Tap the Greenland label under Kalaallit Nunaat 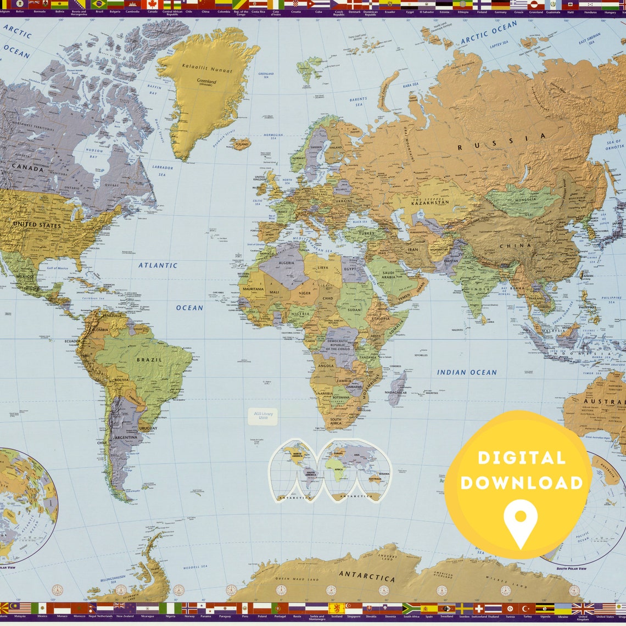206,81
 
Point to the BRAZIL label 149,360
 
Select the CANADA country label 27,168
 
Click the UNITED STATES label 37,225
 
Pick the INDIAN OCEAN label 467,372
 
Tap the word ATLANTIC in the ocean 158,265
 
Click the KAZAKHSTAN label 430,203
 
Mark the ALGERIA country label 286,263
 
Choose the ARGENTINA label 126,438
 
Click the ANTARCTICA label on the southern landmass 367,576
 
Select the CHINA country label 515,245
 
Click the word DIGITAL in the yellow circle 521,458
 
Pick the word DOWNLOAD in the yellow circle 521,483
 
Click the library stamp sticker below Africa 263,417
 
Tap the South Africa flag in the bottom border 411,608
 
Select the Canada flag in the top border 152,4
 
